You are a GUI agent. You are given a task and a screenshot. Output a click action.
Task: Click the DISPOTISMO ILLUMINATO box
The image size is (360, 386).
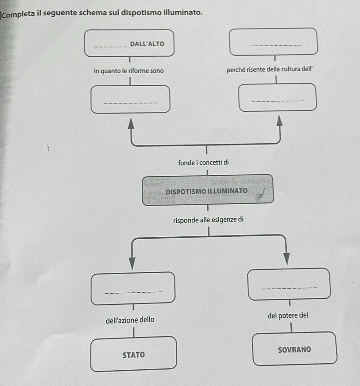[x=208, y=190]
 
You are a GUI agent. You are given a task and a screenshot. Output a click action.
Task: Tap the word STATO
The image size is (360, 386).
[x=133, y=355]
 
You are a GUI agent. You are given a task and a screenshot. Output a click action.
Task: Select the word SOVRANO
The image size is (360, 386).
[x=294, y=350]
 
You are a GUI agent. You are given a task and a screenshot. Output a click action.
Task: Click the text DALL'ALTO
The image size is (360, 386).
[x=147, y=44]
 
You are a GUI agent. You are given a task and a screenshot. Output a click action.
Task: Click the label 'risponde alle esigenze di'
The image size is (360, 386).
[x=208, y=219]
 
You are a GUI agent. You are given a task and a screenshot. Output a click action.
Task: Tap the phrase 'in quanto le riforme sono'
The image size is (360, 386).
[x=128, y=71]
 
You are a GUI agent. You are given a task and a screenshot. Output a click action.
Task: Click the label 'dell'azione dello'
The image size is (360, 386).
[x=130, y=320]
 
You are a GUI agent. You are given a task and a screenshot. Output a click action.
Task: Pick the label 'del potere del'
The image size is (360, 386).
[x=288, y=315]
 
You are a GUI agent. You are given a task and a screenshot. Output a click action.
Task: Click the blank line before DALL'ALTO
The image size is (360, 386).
[x=110, y=46]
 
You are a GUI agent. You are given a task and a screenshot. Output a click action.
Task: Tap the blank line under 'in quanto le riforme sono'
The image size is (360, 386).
[x=130, y=103]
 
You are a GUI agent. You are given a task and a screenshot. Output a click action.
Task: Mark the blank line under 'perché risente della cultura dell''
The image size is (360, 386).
[x=277, y=101]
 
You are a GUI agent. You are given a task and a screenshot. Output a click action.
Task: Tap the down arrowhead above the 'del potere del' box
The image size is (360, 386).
[x=286, y=258]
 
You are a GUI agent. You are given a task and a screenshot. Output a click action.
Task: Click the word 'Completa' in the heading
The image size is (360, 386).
[x=21, y=12]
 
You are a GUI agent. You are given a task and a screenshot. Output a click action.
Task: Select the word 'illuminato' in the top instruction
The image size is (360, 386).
[x=184, y=12]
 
